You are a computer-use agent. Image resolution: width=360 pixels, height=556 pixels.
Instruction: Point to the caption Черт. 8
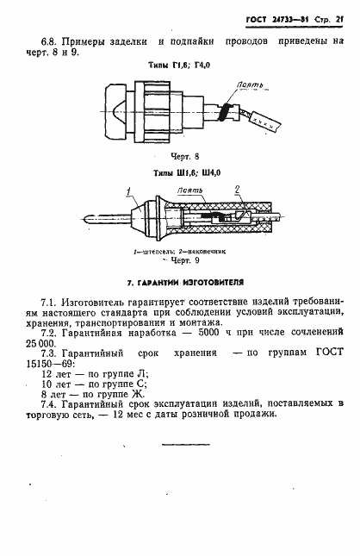click(184, 158)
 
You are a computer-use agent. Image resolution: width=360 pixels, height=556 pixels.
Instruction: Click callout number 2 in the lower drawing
click(238, 189)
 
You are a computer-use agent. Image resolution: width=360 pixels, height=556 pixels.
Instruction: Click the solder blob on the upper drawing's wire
click(226, 110)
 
